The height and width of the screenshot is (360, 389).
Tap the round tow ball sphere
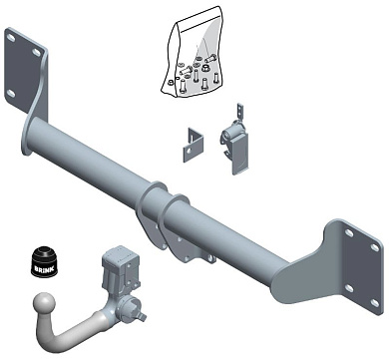47,305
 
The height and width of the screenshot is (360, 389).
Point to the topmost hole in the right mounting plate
349,231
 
